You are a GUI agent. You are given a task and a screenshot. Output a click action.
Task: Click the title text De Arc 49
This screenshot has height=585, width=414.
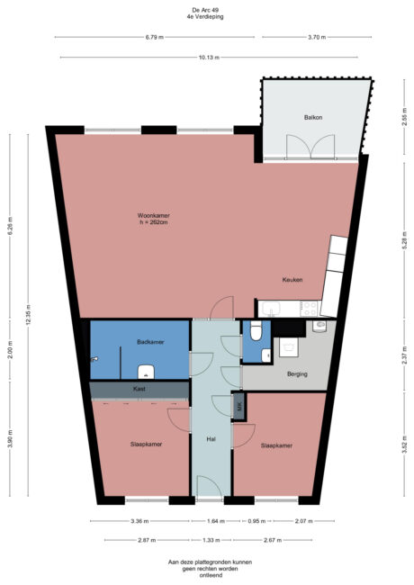207,10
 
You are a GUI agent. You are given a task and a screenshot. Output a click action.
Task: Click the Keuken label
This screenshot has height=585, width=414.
291,280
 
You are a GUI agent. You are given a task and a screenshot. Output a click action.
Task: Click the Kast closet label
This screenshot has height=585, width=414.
139,389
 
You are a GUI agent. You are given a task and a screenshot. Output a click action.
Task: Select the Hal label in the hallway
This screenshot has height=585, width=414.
211,439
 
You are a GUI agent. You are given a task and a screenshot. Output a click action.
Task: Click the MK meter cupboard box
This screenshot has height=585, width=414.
238,406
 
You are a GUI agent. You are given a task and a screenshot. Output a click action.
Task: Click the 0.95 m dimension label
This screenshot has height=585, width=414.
256,521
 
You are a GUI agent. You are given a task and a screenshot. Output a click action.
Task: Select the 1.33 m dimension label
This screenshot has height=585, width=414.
210,540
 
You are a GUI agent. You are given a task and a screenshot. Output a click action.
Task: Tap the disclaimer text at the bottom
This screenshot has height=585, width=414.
207,566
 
